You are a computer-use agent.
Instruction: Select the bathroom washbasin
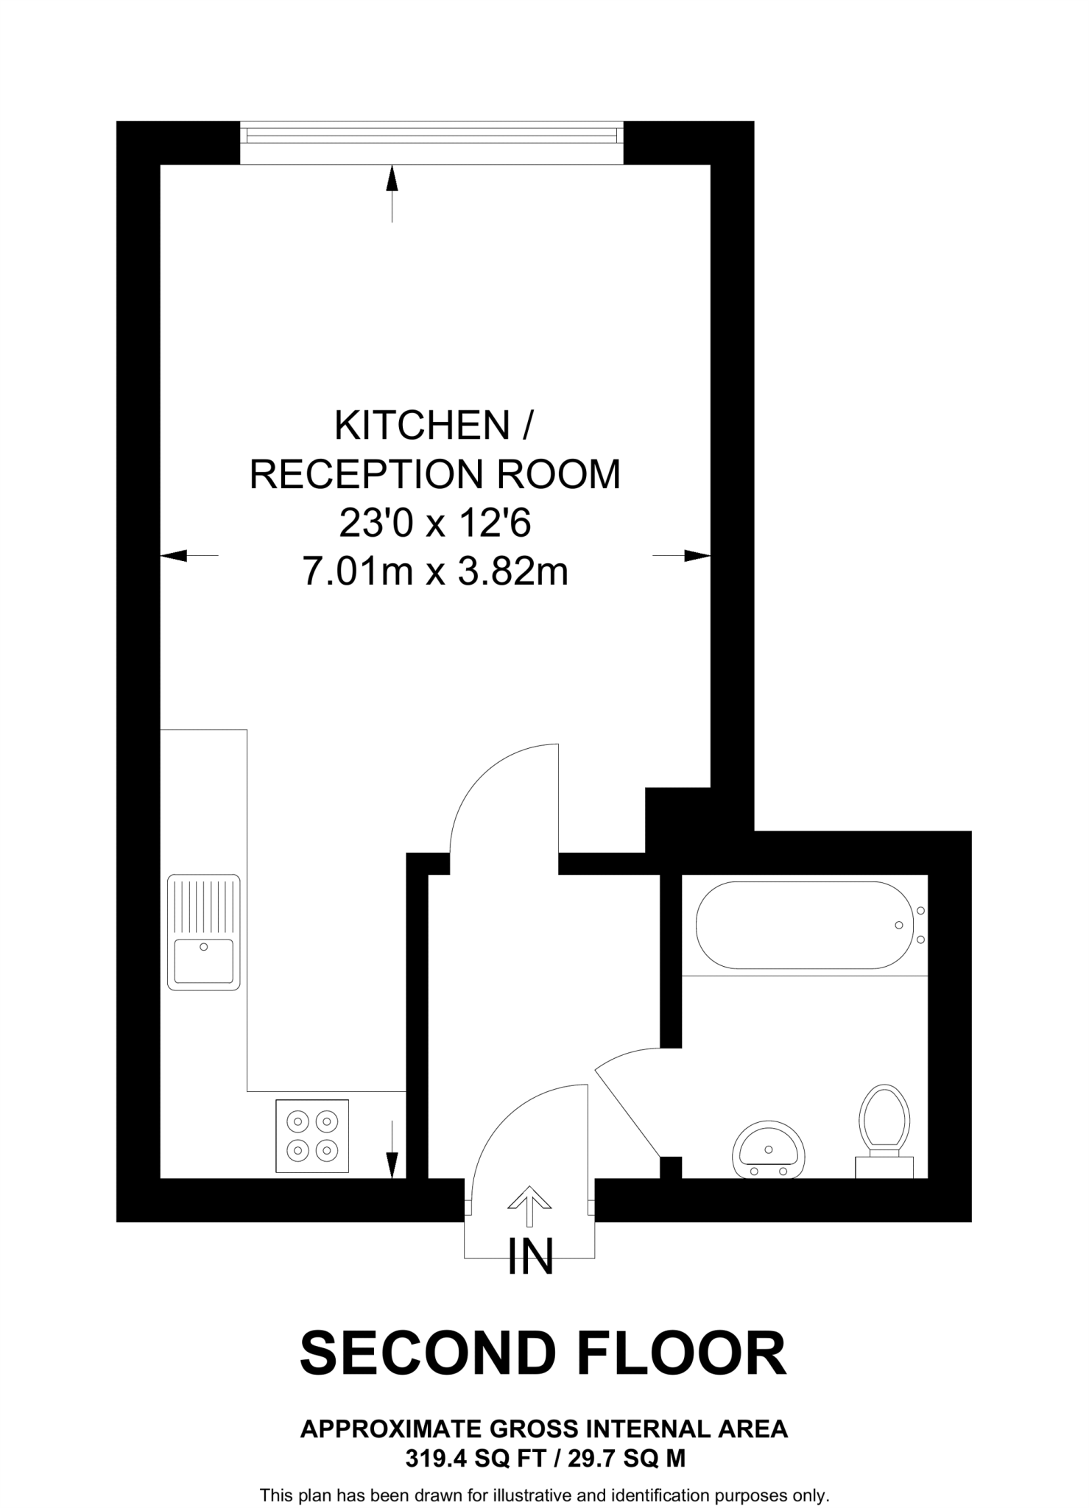pyautogui.click(x=768, y=1150)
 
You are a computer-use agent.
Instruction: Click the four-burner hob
pyautogui.click(x=312, y=1135)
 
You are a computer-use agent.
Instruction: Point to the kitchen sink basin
pyautogui.click(x=204, y=960)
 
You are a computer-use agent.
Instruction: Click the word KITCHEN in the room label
pyautogui.click(x=422, y=426)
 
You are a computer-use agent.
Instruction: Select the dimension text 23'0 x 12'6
pyautogui.click(x=434, y=524)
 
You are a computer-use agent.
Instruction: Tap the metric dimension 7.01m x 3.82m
pyautogui.click(x=435, y=571)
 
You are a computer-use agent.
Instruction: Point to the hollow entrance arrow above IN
pyautogui.click(x=529, y=1206)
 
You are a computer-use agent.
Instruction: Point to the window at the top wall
pyautogui.click(x=432, y=135)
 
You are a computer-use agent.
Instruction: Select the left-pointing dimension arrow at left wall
pyautogui.click(x=188, y=555)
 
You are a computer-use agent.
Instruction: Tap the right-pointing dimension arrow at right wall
pyautogui.click(x=683, y=555)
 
